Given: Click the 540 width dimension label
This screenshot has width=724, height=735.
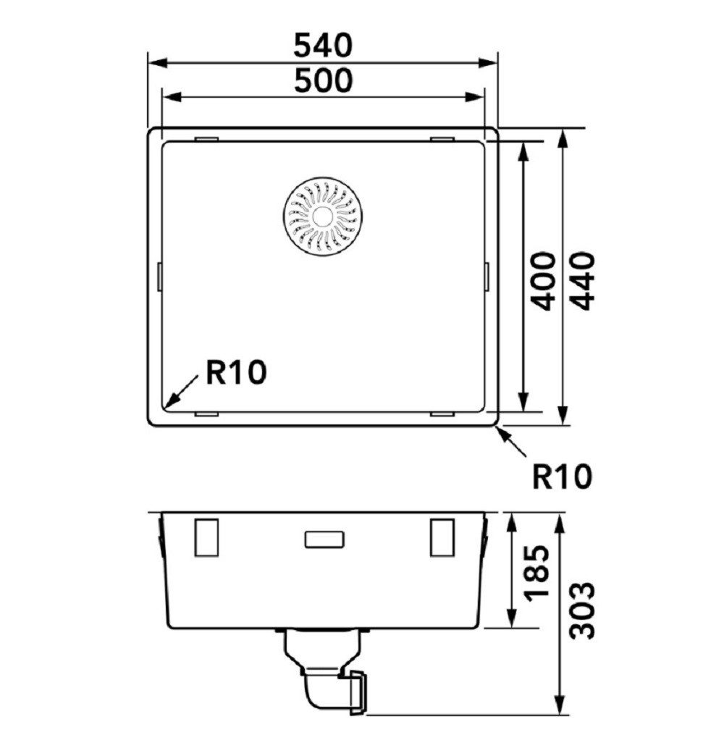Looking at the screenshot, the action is coord(322,46).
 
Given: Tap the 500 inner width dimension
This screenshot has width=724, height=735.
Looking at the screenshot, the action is coord(322,80).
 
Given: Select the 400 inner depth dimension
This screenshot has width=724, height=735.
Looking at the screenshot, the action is coord(544,281).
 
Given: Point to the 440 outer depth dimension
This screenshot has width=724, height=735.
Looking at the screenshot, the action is coord(584,281).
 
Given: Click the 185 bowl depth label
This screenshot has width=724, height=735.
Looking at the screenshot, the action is coord(537,571).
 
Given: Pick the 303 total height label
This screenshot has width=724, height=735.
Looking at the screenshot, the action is coord(583,610).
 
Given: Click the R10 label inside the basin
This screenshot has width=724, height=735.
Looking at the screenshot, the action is coord(236,373).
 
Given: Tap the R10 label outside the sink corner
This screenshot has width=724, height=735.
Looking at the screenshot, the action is coord(562,476).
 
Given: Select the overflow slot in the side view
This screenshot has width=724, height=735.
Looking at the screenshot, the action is coord(324,539).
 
